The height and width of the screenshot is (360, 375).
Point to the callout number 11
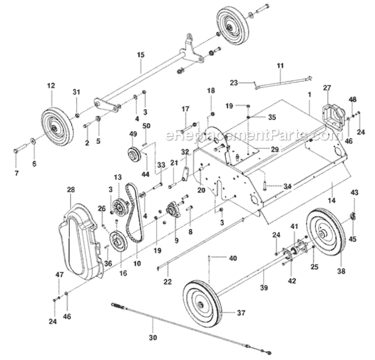279,65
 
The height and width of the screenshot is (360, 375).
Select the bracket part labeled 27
328,114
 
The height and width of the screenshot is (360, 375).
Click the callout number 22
167,281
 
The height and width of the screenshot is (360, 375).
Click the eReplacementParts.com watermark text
248,135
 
